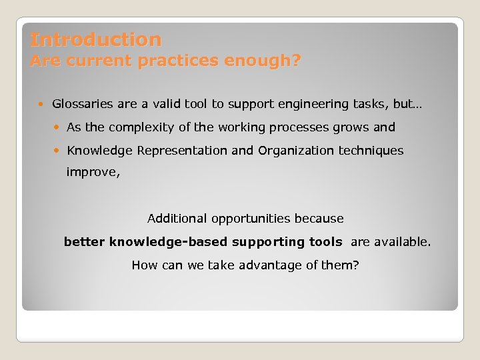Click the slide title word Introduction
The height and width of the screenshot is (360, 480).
point(95,39)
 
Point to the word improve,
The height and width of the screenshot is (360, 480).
point(93,172)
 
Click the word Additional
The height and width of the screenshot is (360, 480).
point(177,219)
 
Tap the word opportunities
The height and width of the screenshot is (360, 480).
point(251,219)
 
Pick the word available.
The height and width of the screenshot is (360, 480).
point(403,242)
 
